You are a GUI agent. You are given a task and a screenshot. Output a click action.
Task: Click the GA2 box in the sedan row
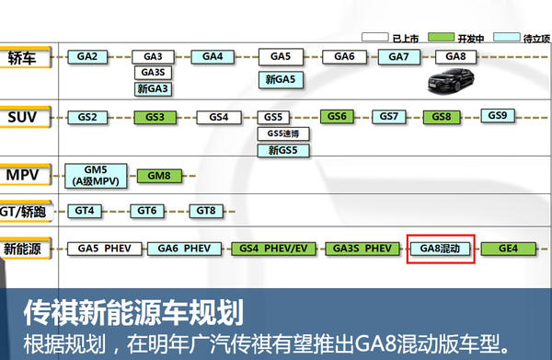click(87, 57)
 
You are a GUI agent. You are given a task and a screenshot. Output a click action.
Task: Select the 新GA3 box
click(153, 88)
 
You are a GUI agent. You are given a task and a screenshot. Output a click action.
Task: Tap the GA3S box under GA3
click(153, 73)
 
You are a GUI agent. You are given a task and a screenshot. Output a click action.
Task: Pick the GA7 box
click(399, 57)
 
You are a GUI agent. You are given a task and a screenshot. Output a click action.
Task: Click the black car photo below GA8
click(451, 81)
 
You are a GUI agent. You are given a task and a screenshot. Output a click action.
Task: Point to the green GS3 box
click(155, 117)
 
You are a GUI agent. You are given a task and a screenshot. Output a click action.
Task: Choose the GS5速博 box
click(283, 134)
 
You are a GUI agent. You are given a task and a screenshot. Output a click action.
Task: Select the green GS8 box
click(442, 117)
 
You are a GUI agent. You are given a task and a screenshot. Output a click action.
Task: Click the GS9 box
click(498, 115)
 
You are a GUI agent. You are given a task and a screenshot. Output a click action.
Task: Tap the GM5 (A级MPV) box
click(96, 176)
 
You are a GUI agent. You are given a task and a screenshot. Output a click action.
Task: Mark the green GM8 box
click(159, 176)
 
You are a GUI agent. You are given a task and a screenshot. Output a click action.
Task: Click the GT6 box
click(147, 211)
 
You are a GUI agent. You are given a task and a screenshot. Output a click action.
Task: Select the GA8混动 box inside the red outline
click(440, 249)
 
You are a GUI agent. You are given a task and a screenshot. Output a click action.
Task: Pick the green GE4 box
click(509, 249)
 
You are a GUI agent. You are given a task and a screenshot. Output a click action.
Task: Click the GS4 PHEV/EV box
click(273, 249)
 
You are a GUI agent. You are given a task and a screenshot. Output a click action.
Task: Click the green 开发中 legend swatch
click(441, 37)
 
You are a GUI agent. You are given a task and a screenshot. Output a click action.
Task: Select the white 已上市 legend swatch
click(375, 37)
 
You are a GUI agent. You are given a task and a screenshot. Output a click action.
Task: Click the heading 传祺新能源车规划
click(133, 312)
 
